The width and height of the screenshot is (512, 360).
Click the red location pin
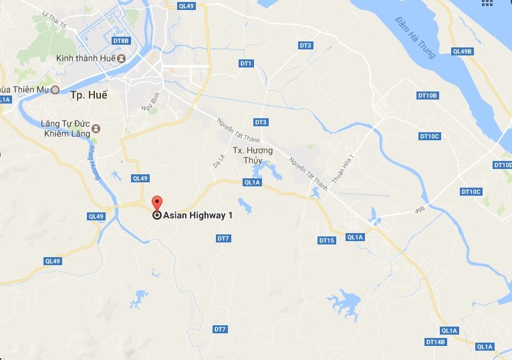coord(157,203)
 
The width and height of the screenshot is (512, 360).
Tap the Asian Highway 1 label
coord(198,216)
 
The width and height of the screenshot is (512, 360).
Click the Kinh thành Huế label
coord(85,59)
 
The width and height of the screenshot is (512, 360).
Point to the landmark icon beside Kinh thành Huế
coord(122,59)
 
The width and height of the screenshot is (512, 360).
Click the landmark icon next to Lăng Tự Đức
coord(96,128)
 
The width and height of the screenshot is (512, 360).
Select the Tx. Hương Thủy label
coord(253,155)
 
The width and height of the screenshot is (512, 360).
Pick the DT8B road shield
coord(121,41)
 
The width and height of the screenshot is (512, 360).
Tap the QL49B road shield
coord(462,51)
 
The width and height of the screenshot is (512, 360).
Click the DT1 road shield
coord(246,63)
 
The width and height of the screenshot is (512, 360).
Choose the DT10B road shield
coord(427,96)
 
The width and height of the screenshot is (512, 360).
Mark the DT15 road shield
coord(326,240)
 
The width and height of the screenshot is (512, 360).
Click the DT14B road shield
coord(435,342)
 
